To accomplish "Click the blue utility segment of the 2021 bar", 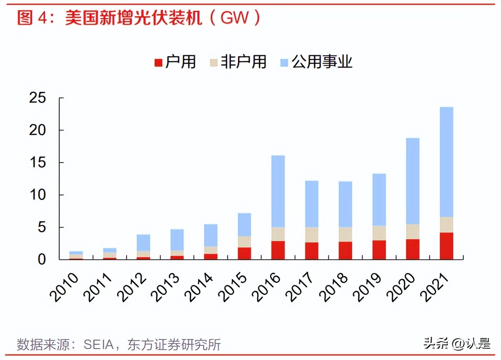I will coord(446,162).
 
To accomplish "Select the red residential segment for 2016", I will coord(278,250).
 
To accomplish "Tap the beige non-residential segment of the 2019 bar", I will coord(379,233).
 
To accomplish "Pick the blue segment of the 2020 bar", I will coord(413,181).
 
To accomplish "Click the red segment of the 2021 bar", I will coord(446,246).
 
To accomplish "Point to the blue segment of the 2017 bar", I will coord(312,204).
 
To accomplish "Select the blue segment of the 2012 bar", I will coord(143,243).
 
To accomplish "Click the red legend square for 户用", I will coord(158,63).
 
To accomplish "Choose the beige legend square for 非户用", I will coord(214,63).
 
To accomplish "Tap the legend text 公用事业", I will coord(322,62).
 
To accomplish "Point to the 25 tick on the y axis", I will coord(38,98).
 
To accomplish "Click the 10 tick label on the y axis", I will coord(38,195).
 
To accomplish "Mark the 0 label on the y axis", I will coord(42,259).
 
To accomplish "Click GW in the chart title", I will coord(234,18).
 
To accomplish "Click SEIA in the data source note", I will coord(98,345).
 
